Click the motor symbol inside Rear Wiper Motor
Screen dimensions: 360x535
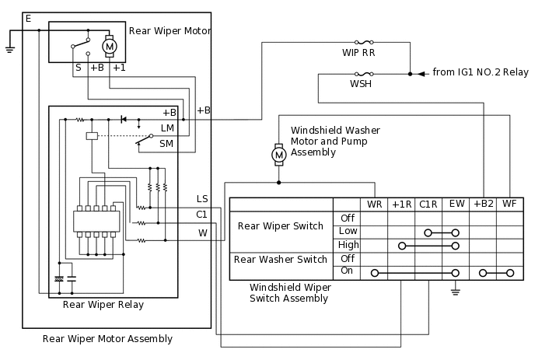click(x=110, y=47)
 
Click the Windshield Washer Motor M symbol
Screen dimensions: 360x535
click(x=278, y=156)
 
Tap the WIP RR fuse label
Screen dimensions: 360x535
click(x=358, y=54)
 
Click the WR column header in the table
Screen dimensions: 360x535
click(x=375, y=204)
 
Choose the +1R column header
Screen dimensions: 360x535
click(x=401, y=204)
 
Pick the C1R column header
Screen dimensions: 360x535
click(x=428, y=204)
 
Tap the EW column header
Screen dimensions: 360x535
click(x=456, y=204)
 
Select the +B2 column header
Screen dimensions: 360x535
click(x=483, y=204)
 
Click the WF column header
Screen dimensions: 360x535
click(x=509, y=204)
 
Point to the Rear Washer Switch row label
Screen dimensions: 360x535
click(x=281, y=260)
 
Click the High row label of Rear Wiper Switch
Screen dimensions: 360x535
click(x=348, y=245)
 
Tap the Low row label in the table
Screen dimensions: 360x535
click(x=348, y=232)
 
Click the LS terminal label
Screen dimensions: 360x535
click(x=202, y=200)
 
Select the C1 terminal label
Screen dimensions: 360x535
click(x=201, y=214)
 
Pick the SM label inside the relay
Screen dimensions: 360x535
click(x=166, y=144)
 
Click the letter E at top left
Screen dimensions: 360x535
click(x=29, y=18)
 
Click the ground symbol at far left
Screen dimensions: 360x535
click(x=10, y=49)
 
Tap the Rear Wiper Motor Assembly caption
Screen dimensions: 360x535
click(x=107, y=339)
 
